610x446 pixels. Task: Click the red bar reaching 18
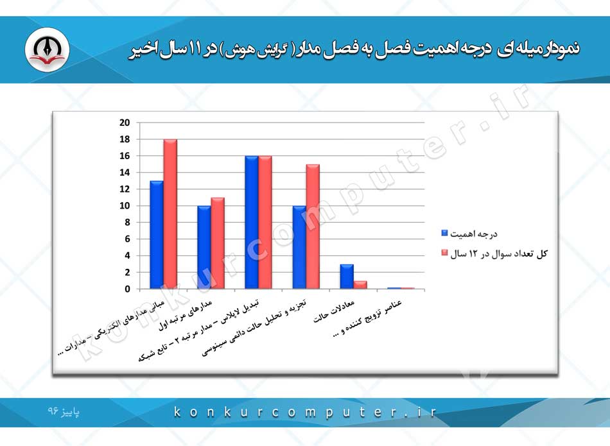tap(170, 214)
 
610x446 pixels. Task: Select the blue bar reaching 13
tap(157, 235)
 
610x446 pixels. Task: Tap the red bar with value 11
tap(218, 243)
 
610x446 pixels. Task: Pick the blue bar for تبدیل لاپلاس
tap(252, 223)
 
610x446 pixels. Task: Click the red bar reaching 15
tap(313, 227)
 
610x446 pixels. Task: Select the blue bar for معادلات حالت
tap(347, 277)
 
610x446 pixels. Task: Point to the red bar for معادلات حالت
tap(360, 285)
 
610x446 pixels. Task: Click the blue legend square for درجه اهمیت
tap(444, 234)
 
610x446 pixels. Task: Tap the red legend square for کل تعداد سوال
tap(444, 253)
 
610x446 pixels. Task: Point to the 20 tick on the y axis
tap(125, 123)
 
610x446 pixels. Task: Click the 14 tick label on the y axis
tap(125, 173)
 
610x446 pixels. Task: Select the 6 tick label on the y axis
tap(127, 239)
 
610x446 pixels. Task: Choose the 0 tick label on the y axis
tap(127, 289)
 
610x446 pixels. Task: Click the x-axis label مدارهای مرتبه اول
tap(186, 315)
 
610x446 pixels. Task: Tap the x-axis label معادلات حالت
tap(334, 311)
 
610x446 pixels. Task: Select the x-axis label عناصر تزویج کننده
tap(368, 318)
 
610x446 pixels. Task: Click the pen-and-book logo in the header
tap(47, 49)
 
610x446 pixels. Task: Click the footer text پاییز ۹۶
tap(64, 411)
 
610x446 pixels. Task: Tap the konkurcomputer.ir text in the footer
tap(304, 412)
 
